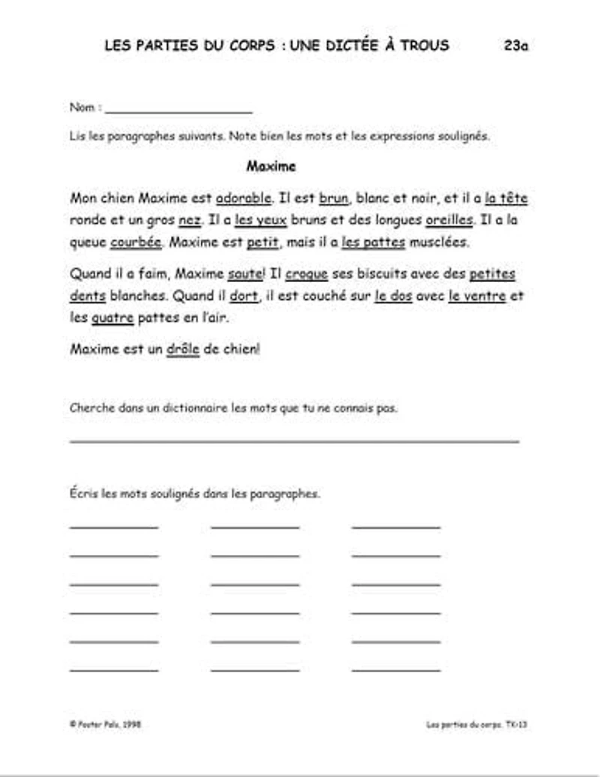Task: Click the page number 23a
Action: (516, 45)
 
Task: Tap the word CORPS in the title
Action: (250, 45)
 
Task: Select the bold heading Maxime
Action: (271, 166)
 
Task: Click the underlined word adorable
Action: (244, 199)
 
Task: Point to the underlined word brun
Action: (334, 199)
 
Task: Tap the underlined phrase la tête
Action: (506, 199)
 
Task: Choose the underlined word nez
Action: (190, 220)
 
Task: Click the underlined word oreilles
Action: (449, 220)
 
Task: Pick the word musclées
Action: (439, 242)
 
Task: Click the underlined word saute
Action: (244, 274)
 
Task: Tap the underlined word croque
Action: (307, 274)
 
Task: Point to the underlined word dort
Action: (244, 295)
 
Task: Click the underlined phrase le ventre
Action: (477, 295)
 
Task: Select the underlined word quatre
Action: (112, 317)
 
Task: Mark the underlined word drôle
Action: (183, 349)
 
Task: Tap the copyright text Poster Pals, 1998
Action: (106, 724)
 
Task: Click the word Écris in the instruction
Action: (83, 494)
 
